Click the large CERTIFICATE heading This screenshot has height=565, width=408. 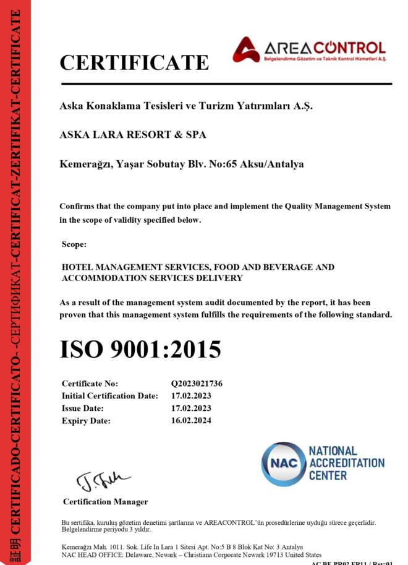pyautogui.click(x=134, y=63)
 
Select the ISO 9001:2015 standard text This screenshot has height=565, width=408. pyautogui.click(x=140, y=350)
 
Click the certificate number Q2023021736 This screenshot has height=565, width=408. pyautogui.click(x=197, y=384)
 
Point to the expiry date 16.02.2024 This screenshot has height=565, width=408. pyautogui.click(x=191, y=421)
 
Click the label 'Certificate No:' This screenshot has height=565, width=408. pyautogui.click(x=90, y=384)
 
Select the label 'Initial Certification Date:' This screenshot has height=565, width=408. pyautogui.click(x=110, y=396)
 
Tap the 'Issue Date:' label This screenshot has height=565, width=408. pyautogui.click(x=83, y=408)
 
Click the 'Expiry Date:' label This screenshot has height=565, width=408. pyautogui.click(x=86, y=421)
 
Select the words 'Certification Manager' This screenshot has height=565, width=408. pyautogui.click(x=105, y=501)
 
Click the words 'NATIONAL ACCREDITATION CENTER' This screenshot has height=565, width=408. pyautogui.click(x=346, y=464)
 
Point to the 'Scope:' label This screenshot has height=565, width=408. pyautogui.click(x=74, y=245)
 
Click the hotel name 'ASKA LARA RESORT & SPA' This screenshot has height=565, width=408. pyautogui.click(x=133, y=134)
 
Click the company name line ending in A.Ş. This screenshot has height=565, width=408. pyautogui.click(x=186, y=106)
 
